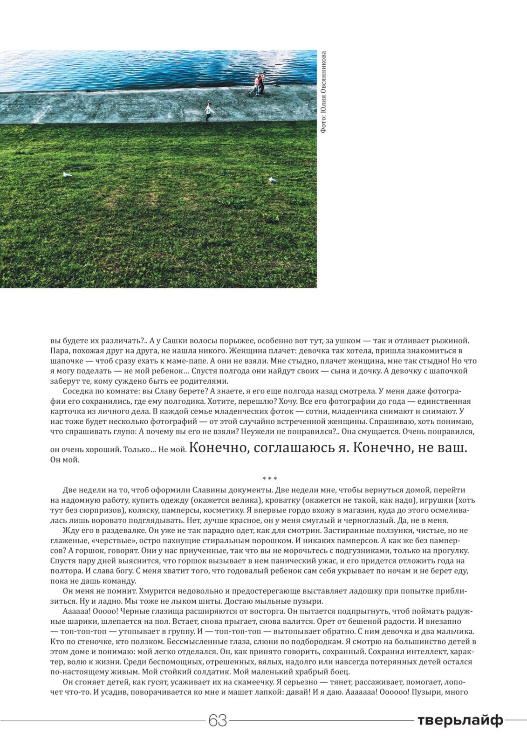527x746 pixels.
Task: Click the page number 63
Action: coord(217,720)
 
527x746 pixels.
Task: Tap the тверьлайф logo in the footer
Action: coord(459,720)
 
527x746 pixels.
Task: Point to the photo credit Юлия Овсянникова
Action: coord(323,92)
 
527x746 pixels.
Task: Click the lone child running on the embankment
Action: coord(209,112)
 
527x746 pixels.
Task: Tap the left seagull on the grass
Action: coord(67,175)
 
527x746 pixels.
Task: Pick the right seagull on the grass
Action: coord(273,180)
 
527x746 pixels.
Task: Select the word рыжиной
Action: coord(453,340)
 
